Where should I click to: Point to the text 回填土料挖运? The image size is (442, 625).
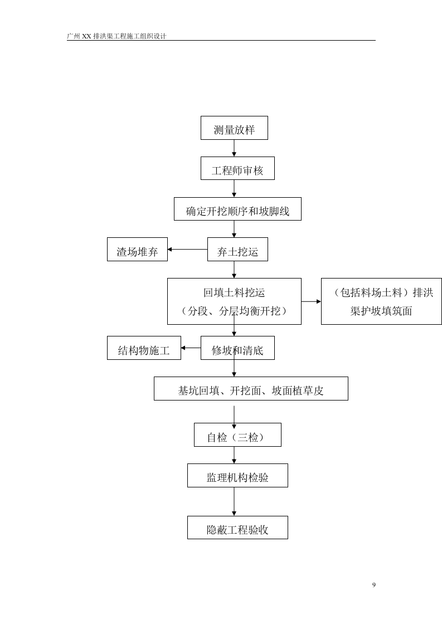click(234, 292)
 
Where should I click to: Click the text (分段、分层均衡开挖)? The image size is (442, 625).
click(234, 311)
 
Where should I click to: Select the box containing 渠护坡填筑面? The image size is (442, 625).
click(381, 311)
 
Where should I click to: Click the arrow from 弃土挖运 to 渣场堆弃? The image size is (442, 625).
click(187, 250)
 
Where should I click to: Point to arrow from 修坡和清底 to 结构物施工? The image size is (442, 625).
click(191, 348)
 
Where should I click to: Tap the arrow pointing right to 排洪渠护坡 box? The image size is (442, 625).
click(311, 301)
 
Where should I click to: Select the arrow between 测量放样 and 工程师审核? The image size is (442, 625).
click(234, 148)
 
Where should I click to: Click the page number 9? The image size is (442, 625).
click(373, 585)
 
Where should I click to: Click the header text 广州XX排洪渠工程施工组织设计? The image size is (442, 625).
click(116, 36)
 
